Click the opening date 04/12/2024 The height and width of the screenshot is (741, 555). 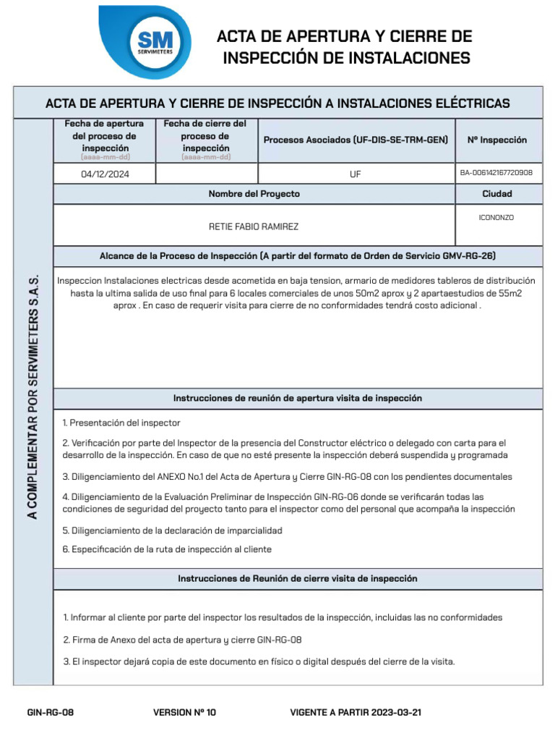pyautogui.click(x=105, y=174)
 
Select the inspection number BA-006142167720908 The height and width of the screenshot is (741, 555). pyautogui.click(x=496, y=173)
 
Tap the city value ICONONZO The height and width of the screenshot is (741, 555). pyautogui.click(x=496, y=218)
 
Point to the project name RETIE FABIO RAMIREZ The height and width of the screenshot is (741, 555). pyautogui.click(x=254, y=226)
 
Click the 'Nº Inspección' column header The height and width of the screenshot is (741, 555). pyautogui.click(x=497, y=140)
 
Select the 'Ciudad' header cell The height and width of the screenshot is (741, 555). pyautogui.click(x=497, y=194)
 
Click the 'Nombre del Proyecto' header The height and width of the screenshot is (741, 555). pyautogui.click(x=254, y=194)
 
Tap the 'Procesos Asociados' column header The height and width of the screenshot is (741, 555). pyautogui.click(x=356, y=140)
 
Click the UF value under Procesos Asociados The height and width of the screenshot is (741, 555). pyautogui.click(x=356, y=174)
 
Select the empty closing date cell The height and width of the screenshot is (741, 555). pyautogui.click(x=206, y=174)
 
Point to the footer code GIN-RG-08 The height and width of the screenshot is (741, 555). pyautogui.click(x=51, y=713)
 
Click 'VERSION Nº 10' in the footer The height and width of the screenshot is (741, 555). pyautogui.click(x=184, y=713)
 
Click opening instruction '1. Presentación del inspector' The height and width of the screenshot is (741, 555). pyautogui.click(x=121, y=423)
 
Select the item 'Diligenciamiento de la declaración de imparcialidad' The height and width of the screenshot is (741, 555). pyautogui.click(x=172, y=530)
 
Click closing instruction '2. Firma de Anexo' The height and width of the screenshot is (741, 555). pyautogui.click(x=182, y=640)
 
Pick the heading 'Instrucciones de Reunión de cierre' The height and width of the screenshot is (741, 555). pyautogui.click(x=297, y=579)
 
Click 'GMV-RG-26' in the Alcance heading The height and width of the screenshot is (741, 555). pyautogui.click(x=468, y=256)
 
